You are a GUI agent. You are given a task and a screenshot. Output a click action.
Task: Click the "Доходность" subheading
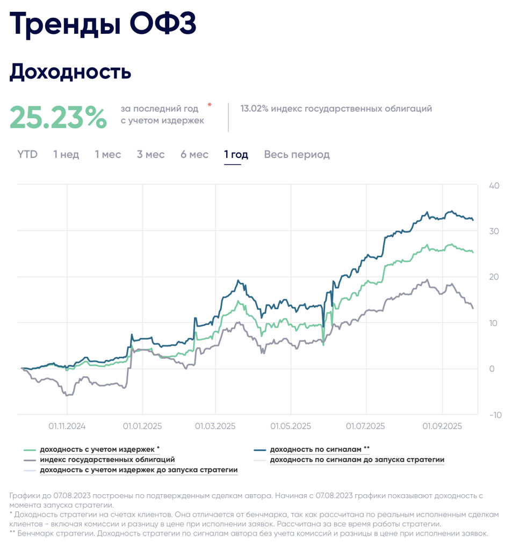(x=70, y=71)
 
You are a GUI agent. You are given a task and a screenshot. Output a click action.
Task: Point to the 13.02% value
(x=254, y=108)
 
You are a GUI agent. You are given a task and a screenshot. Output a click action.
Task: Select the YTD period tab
(x=27, y=155)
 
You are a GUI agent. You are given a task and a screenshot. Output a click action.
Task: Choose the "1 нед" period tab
(x=66, y=155)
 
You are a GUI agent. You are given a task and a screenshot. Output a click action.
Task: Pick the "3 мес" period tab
(x=150, y=155)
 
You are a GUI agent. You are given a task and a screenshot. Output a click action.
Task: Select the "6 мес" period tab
(x=194, y=155)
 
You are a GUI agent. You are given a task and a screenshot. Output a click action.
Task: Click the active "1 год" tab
(x=236, y=155)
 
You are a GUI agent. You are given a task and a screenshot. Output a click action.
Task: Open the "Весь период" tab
(x=297, y=155)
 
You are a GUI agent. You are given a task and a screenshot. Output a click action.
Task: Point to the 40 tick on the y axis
(x=494, y=186)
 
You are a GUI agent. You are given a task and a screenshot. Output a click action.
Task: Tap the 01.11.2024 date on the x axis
(x=67, y=426)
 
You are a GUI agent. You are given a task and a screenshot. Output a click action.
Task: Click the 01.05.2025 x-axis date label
(x=291, y=426)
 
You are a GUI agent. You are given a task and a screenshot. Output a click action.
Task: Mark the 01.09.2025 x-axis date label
(x=442, y=426)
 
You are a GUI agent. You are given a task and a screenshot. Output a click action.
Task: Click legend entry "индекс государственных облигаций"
(x=107, y=460)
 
